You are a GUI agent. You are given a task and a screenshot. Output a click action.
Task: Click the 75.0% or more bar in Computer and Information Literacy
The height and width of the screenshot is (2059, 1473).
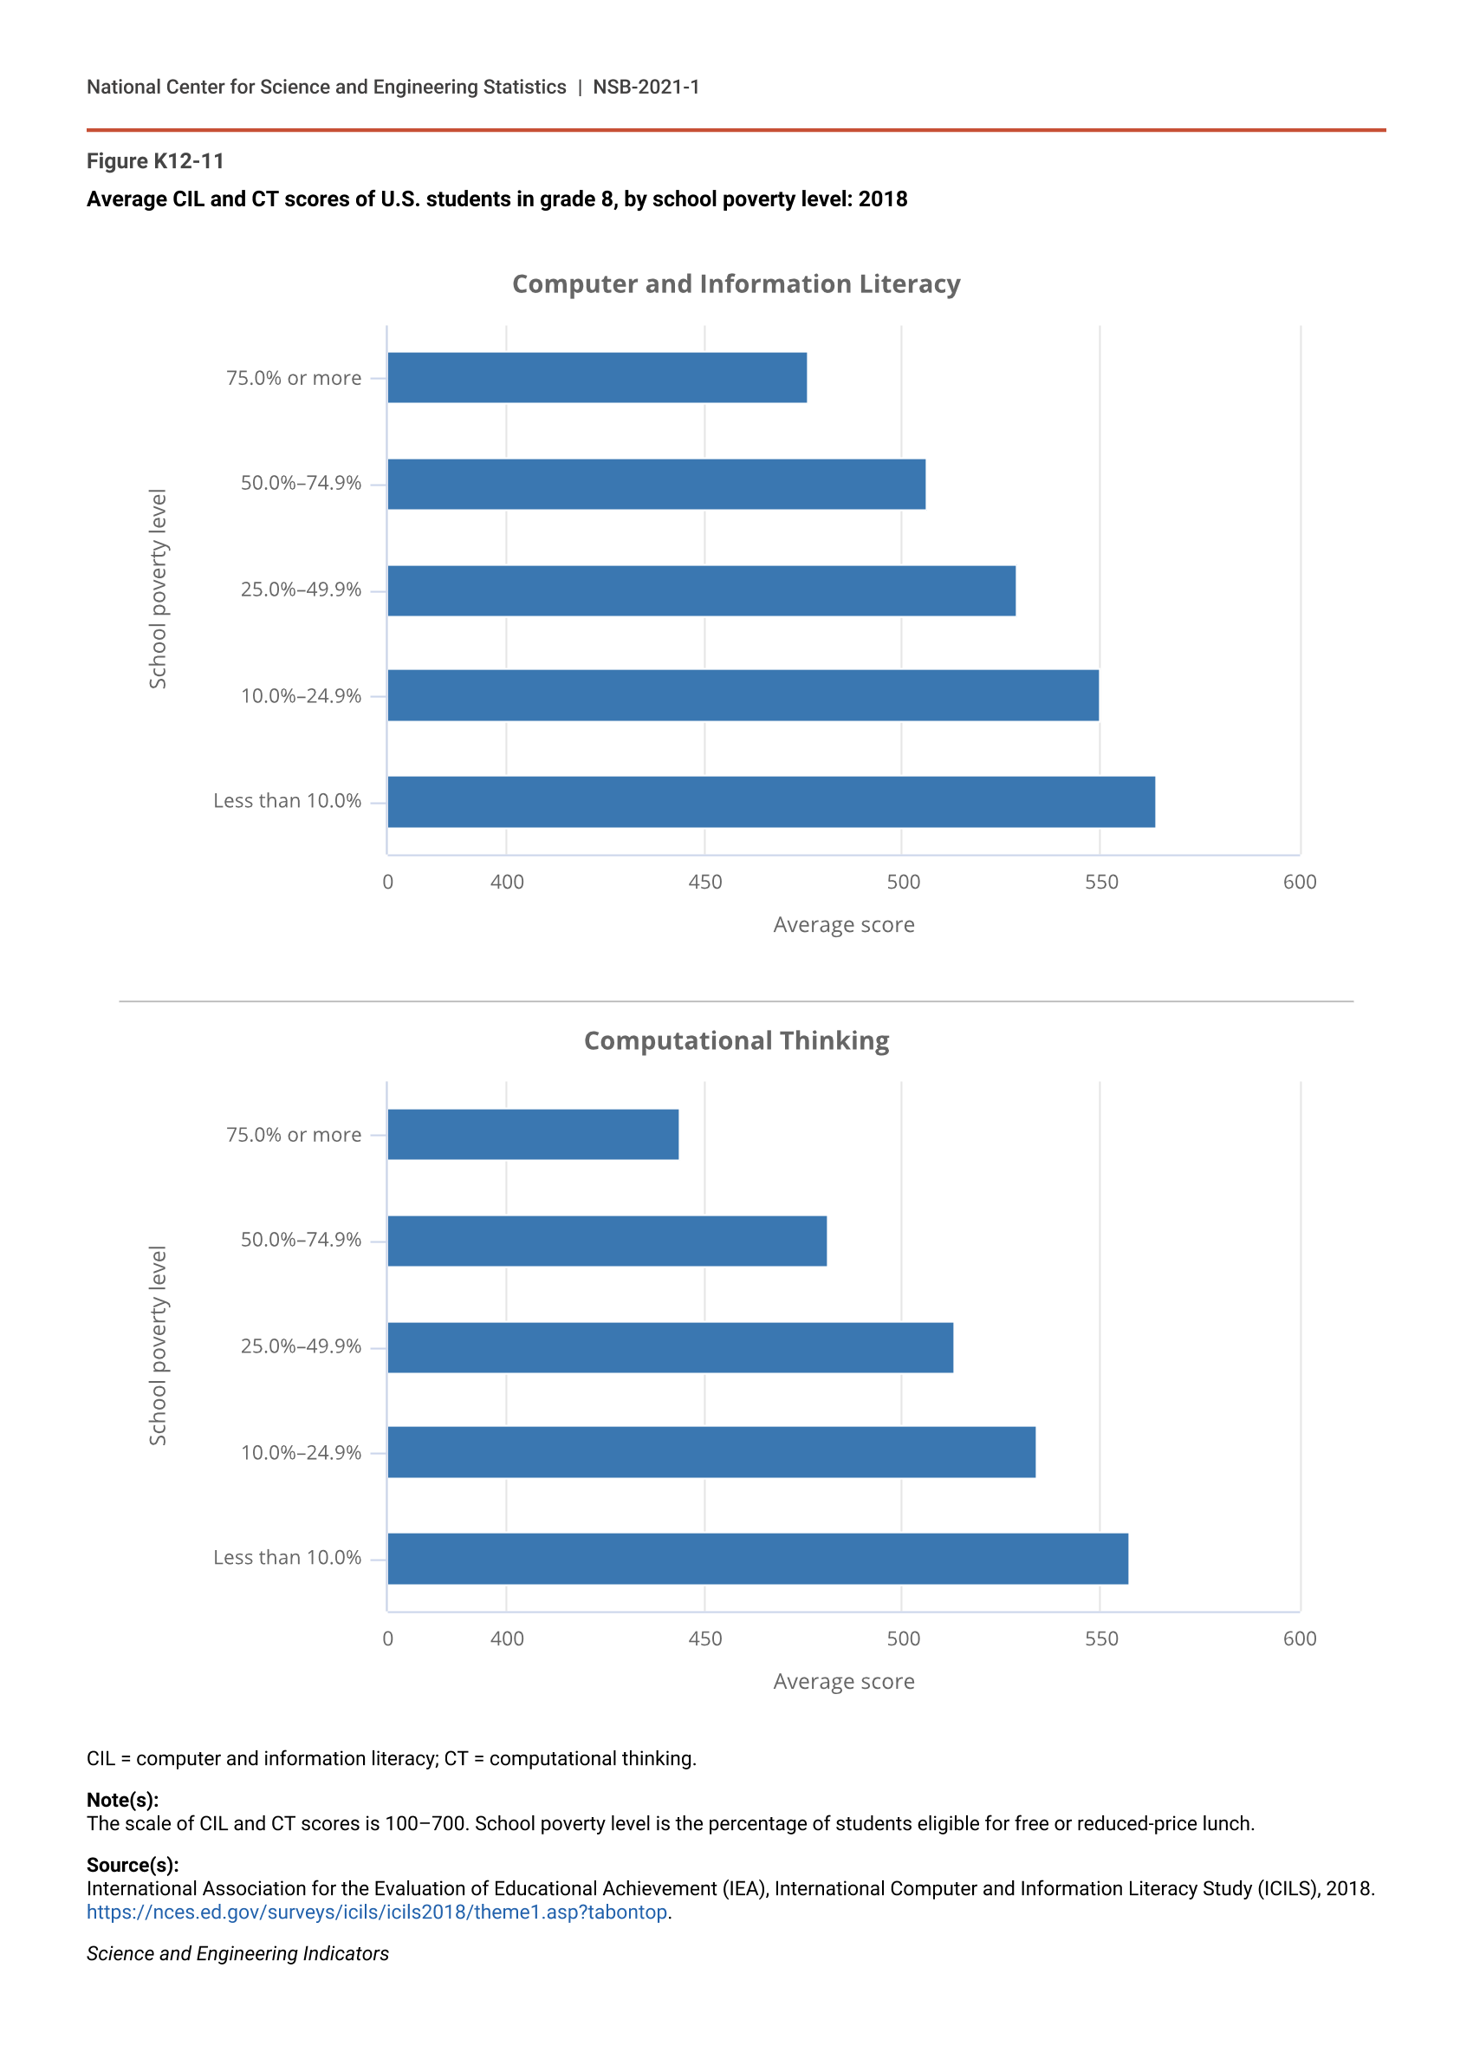[597, 377]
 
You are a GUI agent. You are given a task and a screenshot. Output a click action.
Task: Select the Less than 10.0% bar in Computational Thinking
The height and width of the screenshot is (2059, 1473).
[757, 1558]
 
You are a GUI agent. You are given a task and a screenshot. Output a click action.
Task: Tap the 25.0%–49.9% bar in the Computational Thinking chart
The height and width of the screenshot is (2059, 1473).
[671, 1346]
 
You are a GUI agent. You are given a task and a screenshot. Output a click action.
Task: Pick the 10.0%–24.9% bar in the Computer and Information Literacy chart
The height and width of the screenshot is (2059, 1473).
[743, 695]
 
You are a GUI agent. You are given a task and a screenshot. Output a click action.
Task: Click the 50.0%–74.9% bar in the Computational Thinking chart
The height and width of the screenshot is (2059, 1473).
[607, 1241]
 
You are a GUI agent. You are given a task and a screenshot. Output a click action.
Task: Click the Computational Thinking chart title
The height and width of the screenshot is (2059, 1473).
[736, 1040]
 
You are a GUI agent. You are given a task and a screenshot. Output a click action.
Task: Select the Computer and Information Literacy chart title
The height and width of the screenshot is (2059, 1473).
[736, 284]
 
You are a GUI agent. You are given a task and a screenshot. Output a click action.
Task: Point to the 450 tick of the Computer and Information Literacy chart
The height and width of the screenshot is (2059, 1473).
[704, 882]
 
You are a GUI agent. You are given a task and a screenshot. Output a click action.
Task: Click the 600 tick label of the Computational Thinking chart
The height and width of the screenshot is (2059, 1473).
[1299, 1638]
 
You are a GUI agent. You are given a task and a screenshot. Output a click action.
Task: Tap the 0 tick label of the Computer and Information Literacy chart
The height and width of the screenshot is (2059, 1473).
[388, 882]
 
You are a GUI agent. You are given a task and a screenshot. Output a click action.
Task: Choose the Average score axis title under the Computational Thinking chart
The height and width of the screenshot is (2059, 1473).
[844, 1682]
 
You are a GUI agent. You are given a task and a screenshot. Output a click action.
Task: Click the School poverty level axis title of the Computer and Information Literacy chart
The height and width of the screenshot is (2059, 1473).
[158, 589]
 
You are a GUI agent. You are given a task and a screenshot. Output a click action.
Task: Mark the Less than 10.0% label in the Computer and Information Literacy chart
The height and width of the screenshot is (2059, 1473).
[287, 800]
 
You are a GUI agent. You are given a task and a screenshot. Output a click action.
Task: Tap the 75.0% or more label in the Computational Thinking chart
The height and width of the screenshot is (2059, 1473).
[293, 1134]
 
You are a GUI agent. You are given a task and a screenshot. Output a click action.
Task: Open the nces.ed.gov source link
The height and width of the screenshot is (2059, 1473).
[376, 1912]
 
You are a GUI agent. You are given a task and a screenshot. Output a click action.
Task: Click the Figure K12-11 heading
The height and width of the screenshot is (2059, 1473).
[155, 160]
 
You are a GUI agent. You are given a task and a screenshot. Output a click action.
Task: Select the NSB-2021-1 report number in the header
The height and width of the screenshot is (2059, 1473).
[646, 87]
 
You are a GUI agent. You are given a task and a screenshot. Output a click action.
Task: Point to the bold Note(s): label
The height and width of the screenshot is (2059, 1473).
[122, 1800]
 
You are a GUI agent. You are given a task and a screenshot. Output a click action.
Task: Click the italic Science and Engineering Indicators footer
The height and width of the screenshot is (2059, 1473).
[237, 1954]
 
